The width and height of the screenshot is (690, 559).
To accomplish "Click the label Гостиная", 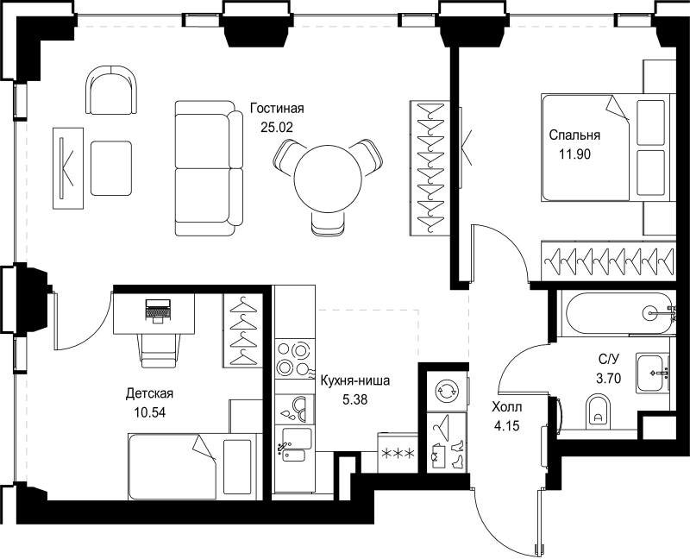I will [x=278, y=109].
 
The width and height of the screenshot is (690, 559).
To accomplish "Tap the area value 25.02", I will [x=278, y=126].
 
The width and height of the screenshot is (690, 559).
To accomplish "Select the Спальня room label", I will [x=574, y=135].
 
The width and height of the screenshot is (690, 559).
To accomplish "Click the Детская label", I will [x=150, y=393].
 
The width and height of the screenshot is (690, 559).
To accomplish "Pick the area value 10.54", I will [x=150, y=411].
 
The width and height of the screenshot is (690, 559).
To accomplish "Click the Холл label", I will [x=506, y=407].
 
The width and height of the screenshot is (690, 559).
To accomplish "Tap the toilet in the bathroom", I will [x=598, y=411].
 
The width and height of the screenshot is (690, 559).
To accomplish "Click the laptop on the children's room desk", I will [x=156, y=309].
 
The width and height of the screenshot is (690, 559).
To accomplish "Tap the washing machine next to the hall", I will [x=446, y=389].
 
